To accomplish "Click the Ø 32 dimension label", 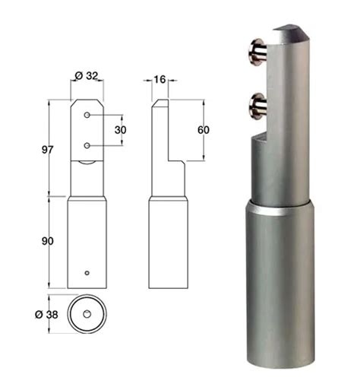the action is point(87,75).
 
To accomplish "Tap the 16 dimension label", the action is point(159,79).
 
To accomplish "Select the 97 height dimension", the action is point(47,150).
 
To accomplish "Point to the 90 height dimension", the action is point(47,241).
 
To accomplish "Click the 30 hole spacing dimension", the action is point(120,130).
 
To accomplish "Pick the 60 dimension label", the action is point(204,130).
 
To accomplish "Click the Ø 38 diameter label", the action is point(46,315).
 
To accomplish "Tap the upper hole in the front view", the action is point(87,115).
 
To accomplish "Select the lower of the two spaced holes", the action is point(87,145).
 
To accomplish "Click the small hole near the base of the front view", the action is point(87,273).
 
